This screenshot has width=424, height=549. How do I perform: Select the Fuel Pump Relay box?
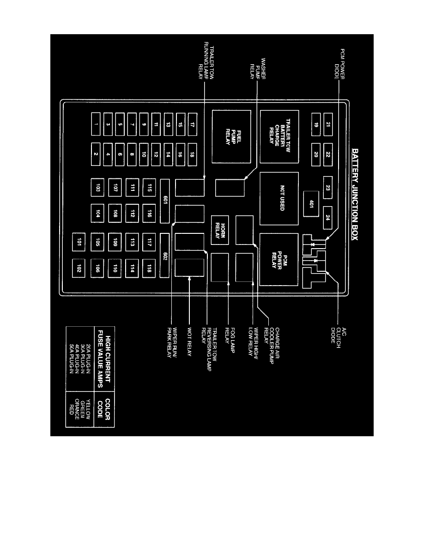tap(231, 136)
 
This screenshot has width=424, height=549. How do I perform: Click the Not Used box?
tap(279, 199)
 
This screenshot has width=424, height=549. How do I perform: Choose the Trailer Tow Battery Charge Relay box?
tap(279, 136)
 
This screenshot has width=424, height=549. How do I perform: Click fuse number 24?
tap(327, 217)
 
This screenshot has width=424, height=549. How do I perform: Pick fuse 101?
tap(79, 242)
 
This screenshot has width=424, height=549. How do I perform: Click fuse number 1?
tap(96, 124)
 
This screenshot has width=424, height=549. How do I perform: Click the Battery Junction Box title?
tap(357, 195)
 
